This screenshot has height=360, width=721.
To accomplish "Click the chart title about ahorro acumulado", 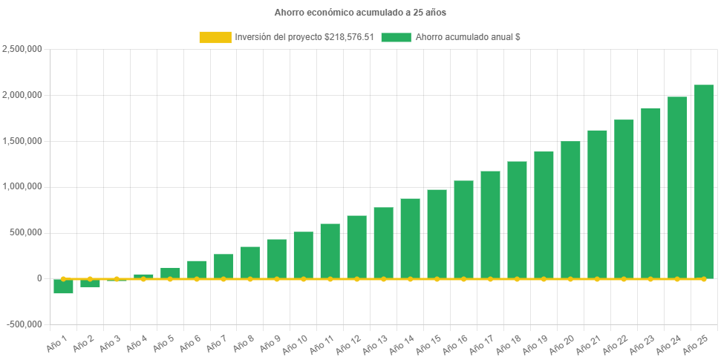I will click(360, 13).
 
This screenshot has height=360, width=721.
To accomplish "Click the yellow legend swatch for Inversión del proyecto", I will click(215, 37).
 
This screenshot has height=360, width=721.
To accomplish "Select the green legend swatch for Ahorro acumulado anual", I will click(396, 37).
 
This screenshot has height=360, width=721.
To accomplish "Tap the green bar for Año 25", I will click(703, 181).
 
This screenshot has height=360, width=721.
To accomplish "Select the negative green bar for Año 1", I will click(63, 287).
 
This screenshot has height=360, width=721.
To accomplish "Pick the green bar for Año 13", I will click(383, 243).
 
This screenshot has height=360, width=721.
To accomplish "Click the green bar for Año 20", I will click(570, 210).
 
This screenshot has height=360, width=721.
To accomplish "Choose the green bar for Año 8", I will click(250, 263).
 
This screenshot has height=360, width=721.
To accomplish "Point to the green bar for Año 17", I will click(490, 225).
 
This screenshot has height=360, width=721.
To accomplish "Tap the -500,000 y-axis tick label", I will click(24, 324).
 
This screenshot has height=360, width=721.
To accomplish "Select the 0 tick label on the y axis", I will click(39, 278).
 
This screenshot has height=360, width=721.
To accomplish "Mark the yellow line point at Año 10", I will click(304, 279).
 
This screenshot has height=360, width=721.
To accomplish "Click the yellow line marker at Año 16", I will click(463, 279).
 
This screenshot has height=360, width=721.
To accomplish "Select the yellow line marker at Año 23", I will click(650, 279).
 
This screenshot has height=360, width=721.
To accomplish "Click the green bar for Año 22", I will click(624, 199).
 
